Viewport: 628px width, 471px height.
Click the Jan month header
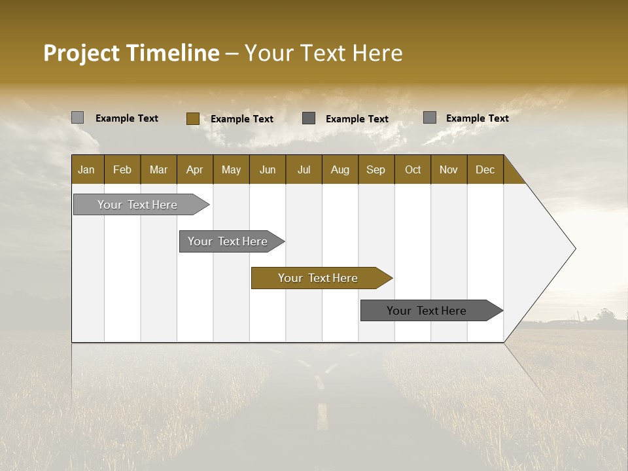tap(86, 170)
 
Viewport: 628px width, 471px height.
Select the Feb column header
tap(122, 170)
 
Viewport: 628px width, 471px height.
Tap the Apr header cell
tap(194, 170)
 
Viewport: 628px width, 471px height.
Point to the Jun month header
tap(268, 170)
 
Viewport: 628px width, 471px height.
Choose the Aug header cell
tap(340, 170)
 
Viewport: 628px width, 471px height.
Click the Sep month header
tap(375, 170)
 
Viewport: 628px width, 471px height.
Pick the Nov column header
tap(448, 170)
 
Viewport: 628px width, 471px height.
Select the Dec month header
tap(485, 170)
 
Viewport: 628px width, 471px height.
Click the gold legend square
tap(192, 118)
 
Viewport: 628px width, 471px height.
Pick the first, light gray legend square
tap(77, 118)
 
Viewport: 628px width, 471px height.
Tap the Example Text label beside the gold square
tap(241, 119)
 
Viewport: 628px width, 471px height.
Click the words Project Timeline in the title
tap(131, 53)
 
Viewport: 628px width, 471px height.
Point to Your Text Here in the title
tap(323, 53)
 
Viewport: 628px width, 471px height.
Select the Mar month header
tap(158, 170)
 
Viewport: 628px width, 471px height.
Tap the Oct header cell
tap(413, 170)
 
